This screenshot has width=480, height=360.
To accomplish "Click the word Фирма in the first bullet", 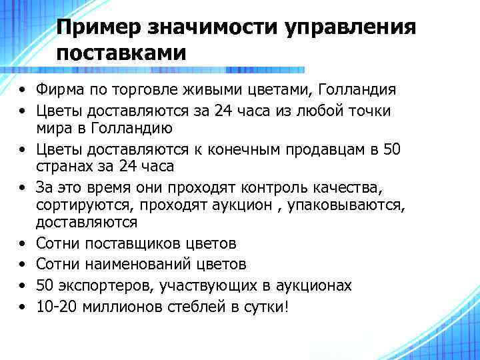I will tap(58, 89).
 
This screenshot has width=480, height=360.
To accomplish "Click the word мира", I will tap(52, 128).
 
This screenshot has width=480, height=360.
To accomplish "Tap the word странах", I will tap(63, 167).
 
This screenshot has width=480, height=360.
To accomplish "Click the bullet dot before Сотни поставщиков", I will tap(23, 244).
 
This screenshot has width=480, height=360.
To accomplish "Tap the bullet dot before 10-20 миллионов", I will tap(23, 307).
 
